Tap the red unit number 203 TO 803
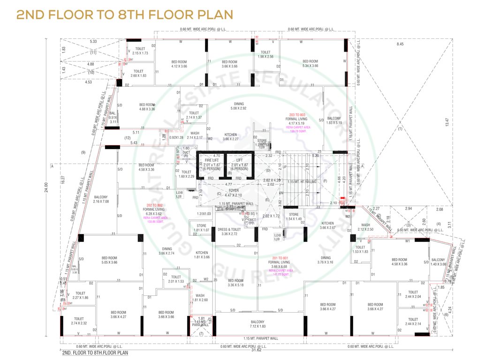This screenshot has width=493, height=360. (x=297, y=115)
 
